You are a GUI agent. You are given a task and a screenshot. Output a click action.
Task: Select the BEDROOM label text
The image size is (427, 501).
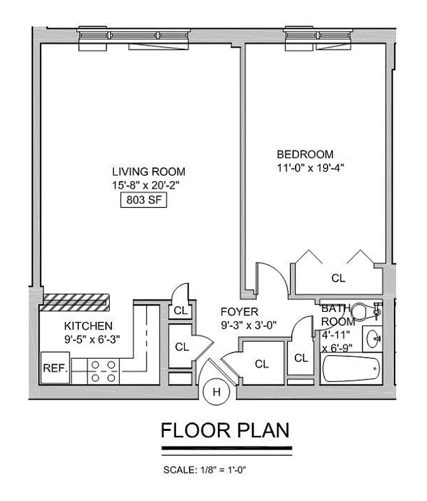[x=306, y=154]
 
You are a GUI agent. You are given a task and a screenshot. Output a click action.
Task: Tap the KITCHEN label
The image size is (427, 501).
[x=89, y=326]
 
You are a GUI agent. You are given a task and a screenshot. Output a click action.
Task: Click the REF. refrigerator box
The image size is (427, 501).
[x=55, y=369]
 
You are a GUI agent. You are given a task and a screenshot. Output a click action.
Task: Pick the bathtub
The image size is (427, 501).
[x=351, y=369]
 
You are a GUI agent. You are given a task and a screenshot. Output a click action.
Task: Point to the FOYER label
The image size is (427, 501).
[x=239, y=312]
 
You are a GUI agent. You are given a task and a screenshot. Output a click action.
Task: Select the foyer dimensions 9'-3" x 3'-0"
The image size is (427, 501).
[x=249, y=325]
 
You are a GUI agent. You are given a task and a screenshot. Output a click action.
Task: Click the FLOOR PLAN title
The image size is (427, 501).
[x=225, y=431]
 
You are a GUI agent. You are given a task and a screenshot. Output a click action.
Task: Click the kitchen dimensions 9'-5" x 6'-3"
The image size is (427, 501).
[x=91, y=339]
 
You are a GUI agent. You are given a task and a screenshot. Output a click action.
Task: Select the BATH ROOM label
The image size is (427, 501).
[x=337, y=315]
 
